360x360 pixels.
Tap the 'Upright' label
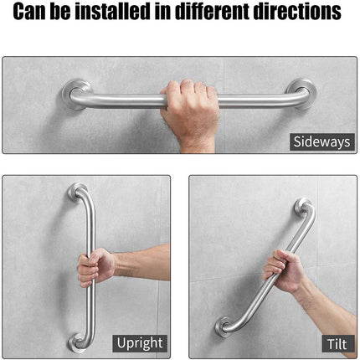(141, 342)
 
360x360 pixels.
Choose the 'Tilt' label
(332, 342)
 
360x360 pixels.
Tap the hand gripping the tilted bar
(279, 266)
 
